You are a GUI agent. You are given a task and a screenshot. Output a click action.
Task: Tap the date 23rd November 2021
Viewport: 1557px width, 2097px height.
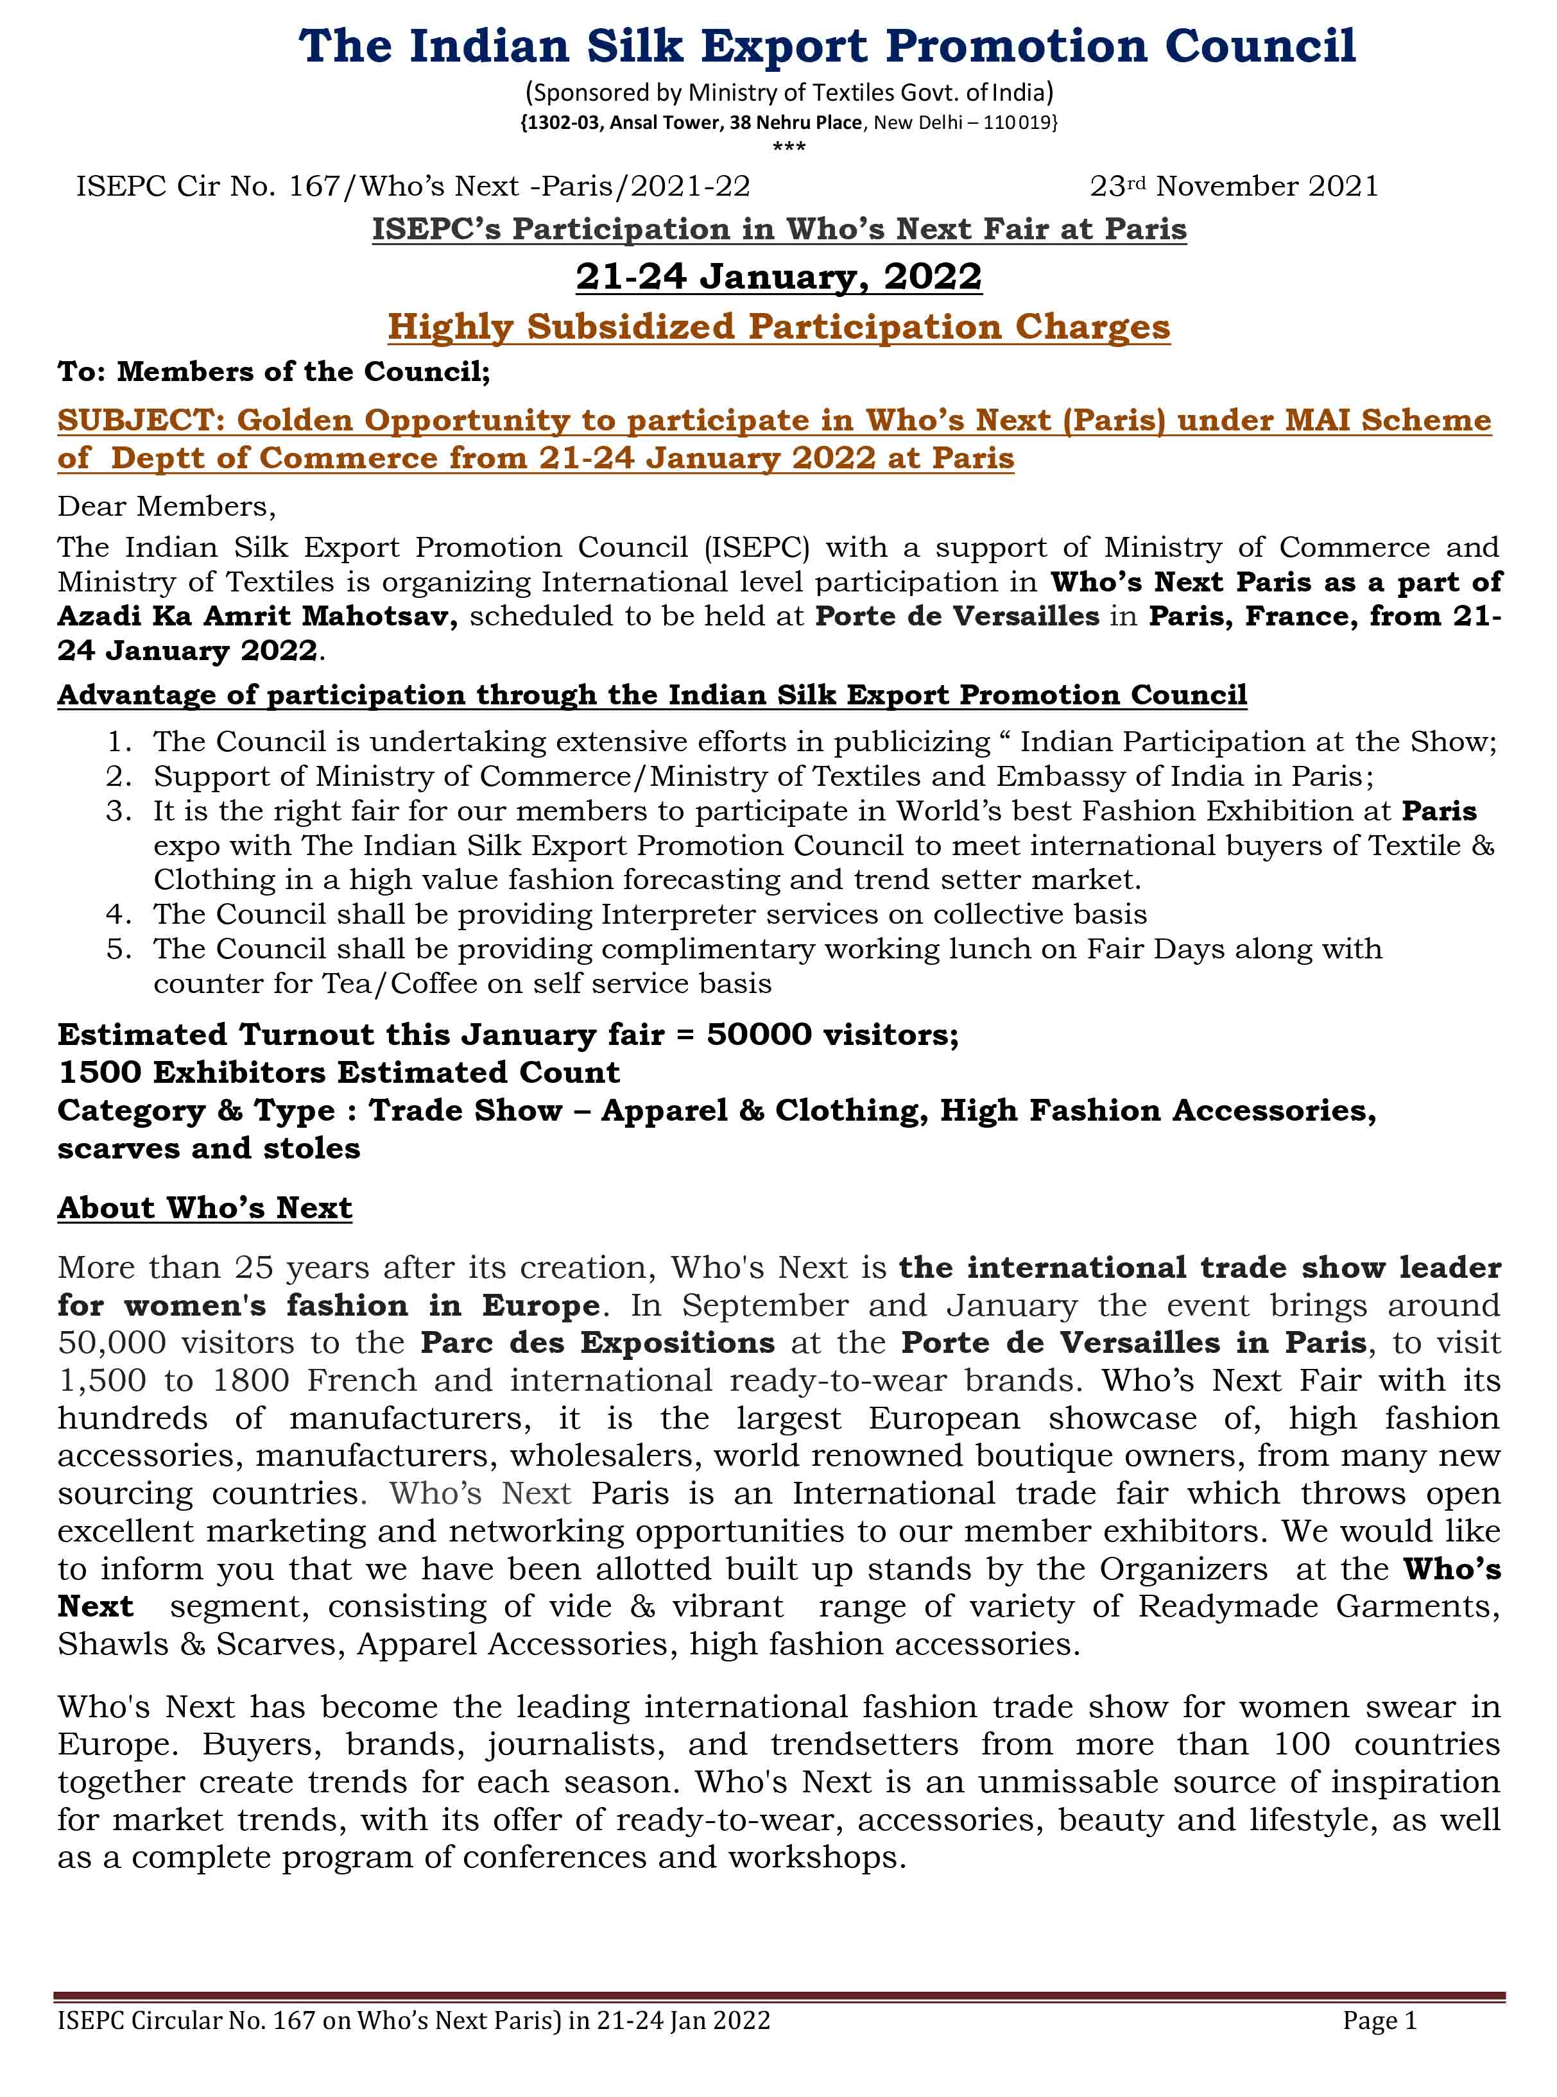pos(1234,187)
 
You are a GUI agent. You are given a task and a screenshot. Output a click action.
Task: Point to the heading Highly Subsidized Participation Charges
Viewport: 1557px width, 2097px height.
pos(778,327)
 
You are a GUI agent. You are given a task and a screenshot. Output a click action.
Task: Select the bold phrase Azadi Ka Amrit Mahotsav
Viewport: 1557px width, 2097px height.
pos(256,617)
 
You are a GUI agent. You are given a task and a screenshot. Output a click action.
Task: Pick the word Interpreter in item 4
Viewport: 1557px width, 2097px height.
pos(667,915)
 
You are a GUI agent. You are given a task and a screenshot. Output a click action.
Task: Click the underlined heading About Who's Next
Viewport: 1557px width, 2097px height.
pos(205,1208)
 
